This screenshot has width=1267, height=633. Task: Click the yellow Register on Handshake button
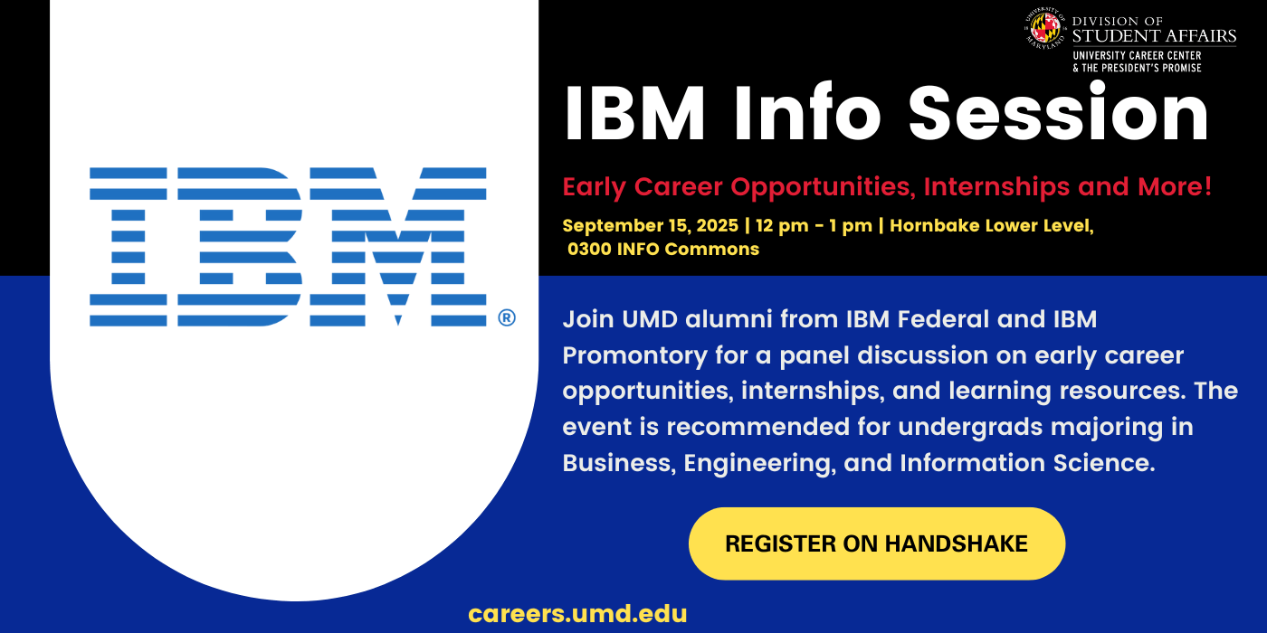876,543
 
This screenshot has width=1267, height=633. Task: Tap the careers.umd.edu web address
577,614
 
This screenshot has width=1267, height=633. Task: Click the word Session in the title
1058,115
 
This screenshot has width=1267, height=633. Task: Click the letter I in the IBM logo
128,246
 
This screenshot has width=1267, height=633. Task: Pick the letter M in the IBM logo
398,246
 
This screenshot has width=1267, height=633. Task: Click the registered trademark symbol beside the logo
506,317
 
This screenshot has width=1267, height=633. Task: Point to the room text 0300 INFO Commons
663,249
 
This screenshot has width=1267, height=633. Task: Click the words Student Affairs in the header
1153,36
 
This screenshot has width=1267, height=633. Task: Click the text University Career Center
1137,56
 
